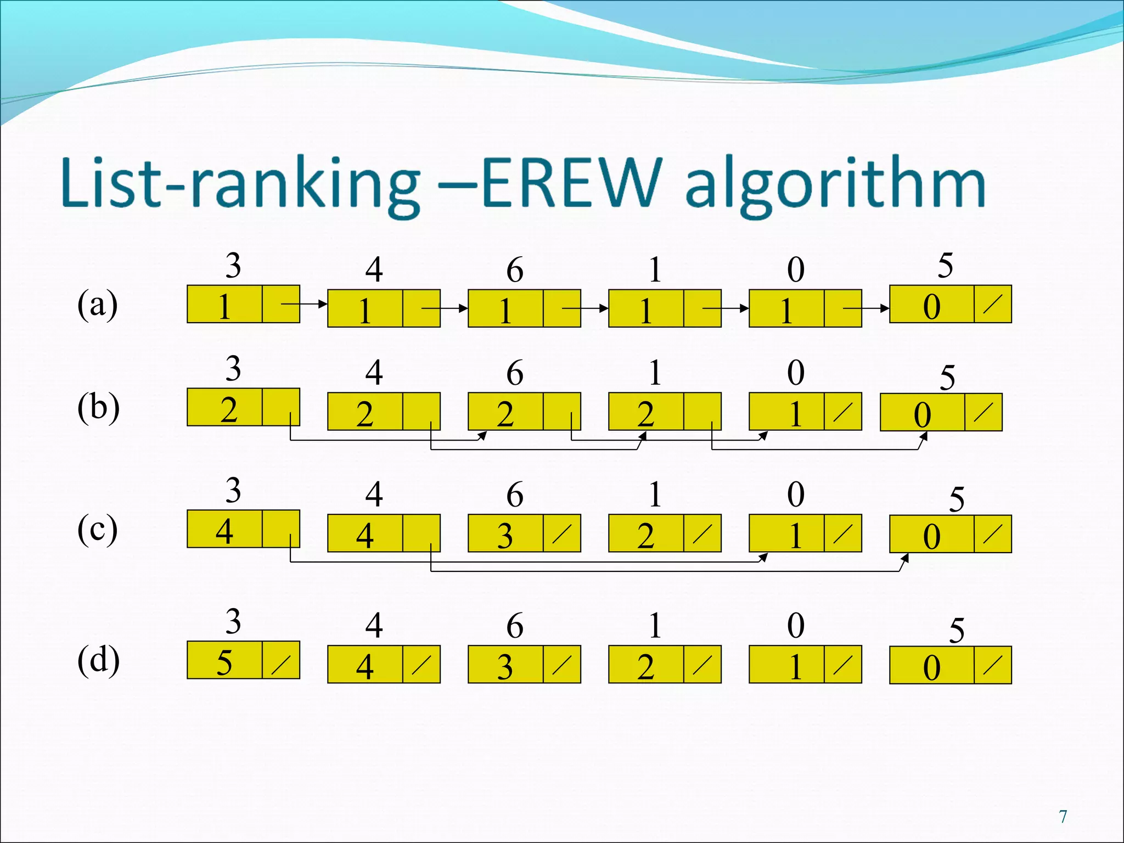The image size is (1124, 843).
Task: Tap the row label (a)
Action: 97,305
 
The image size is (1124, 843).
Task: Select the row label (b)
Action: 98,407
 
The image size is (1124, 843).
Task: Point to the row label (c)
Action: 97,530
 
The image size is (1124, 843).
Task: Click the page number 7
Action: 1063,817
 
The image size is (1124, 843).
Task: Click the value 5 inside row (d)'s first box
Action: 224,662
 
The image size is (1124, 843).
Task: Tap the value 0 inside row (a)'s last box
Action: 931,306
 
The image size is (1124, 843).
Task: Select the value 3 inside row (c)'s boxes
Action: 505,535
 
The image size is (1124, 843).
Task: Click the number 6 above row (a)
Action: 515,270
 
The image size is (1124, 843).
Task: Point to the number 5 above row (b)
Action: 947,378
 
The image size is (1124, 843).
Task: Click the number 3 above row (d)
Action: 233,622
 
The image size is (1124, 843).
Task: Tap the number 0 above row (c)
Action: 796,494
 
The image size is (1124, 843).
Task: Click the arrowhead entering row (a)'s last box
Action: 885,308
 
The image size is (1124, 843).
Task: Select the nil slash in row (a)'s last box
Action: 993,304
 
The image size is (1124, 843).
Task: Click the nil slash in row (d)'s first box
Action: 281,664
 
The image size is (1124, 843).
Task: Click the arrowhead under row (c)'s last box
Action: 905,559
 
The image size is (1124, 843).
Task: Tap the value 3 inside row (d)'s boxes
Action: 505,667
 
